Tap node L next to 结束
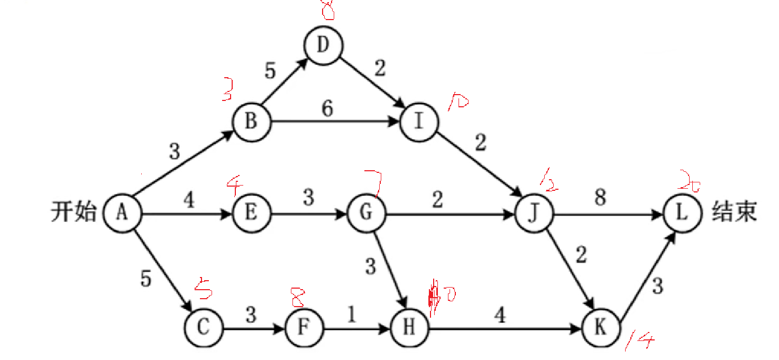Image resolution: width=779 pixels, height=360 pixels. [x=682, y=214]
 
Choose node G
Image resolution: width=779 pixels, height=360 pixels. [x=366, y=214]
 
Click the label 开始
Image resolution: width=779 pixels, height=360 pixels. [x=74, y=214]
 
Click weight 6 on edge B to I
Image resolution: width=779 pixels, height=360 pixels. [x=328, y=109]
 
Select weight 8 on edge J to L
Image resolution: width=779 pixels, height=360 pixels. [x=600, y=198]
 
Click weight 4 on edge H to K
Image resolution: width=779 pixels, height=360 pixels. [x=500, y=316]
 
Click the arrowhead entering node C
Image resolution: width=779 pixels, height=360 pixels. [x=188, y=307]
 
